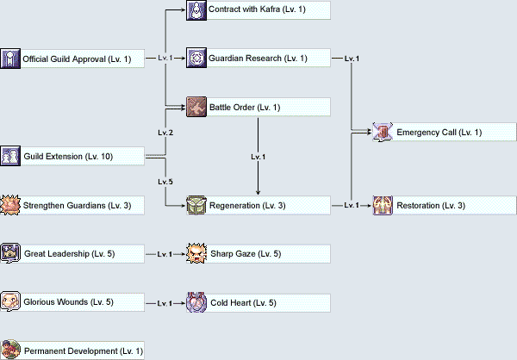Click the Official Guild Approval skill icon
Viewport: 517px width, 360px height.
tap(10, 59)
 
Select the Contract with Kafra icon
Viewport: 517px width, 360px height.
tap(196, 10)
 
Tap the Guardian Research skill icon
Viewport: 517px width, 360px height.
tap(196, 59)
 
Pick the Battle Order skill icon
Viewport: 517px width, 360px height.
tap(196, 107)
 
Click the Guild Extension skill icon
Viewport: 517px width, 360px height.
tap(10, 156)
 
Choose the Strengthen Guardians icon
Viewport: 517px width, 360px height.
tap(10, 205)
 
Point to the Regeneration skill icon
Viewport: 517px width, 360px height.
tap(196, 205)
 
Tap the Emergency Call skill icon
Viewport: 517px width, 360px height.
tap(383, 132)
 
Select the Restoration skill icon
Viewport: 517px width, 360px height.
tap(383, 205)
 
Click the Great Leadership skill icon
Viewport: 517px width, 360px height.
tap(10, 253)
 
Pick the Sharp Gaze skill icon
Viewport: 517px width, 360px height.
tap(196, 253)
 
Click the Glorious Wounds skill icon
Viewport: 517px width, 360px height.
tap(10, 302)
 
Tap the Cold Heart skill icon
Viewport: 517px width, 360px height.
tap(196, 302)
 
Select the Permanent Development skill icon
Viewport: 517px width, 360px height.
tap(10, 351)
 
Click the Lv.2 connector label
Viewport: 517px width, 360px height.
tap(165, 133)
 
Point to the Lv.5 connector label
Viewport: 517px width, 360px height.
tap(165, 182)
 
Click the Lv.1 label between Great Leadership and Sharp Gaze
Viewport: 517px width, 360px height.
tap(165, 254)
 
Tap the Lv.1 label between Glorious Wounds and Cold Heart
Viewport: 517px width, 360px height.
tap(165, 303)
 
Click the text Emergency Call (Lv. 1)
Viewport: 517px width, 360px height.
tap(439, 132)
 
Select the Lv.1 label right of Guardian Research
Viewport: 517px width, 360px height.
tap(352, 59)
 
